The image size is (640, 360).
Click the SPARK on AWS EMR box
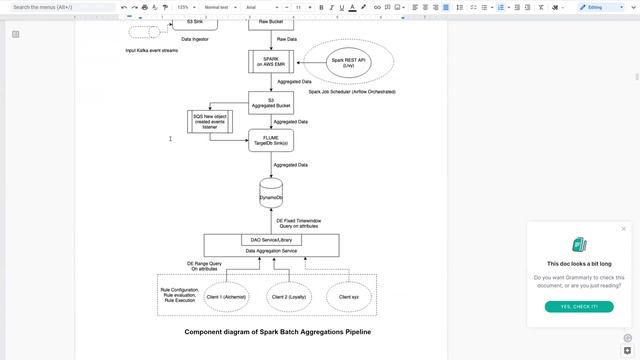[270, 62]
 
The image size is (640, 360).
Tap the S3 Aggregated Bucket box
[270, 103]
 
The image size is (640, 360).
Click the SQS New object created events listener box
[211, 121]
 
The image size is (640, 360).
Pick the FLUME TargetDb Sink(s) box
[270, 141]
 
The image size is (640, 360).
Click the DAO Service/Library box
[271, 240]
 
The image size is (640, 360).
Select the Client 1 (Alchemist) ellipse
[227, 297]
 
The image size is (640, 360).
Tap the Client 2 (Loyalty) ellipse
[291, 297]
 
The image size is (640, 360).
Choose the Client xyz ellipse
[349, 297]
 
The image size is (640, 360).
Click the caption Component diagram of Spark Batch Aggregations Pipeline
[271, 332]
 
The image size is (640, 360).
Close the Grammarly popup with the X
[623, 229]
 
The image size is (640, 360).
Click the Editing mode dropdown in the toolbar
[598, 7]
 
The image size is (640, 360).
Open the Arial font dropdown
[258, 7]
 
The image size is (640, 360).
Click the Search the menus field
[60, 7]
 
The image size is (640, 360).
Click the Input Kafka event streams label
[152, 50]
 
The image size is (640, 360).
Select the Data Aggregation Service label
[271, 251]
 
